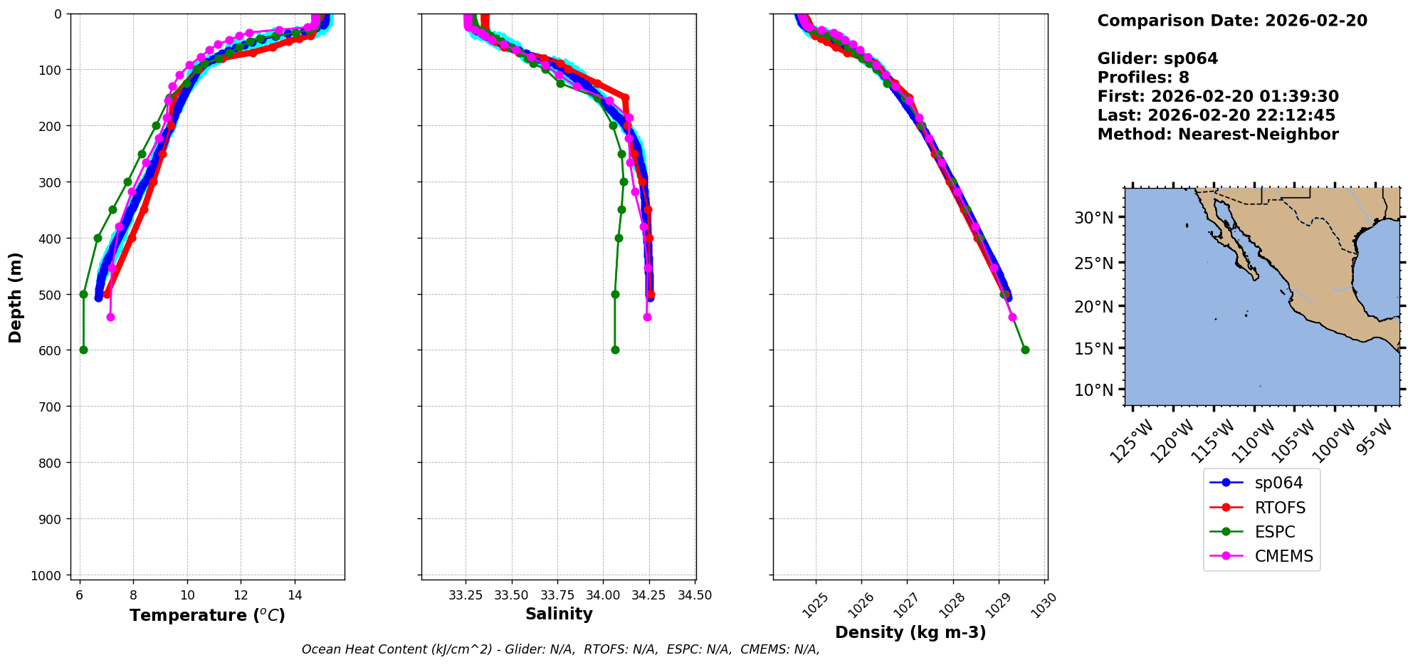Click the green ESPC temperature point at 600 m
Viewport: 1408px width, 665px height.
pos(83,350)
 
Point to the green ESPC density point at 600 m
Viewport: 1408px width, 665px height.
pos(1025,350)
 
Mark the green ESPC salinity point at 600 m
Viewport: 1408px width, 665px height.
pos(615,350)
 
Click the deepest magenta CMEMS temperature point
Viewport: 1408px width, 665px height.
pos(110,317)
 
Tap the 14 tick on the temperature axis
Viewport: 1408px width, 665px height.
pos(295,595)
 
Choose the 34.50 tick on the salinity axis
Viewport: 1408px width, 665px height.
pos(695,595)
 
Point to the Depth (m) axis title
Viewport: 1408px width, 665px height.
pos(15,297)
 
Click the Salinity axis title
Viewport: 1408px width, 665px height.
pos(559,614)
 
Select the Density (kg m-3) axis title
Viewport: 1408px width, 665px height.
pos(910,632)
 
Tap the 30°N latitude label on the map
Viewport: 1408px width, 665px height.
pos(1093,218)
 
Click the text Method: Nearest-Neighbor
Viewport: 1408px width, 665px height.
pos(1218,135)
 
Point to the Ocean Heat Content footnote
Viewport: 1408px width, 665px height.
pos(560,649)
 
